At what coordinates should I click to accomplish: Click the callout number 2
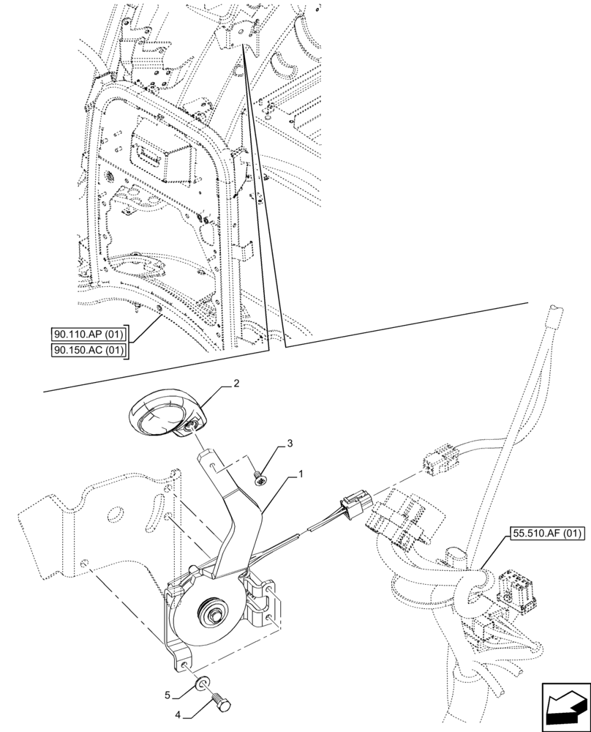236,383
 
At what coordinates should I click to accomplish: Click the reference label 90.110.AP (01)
90,335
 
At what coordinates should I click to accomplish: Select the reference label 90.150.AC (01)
90,351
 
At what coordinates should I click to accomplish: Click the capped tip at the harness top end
555,315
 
